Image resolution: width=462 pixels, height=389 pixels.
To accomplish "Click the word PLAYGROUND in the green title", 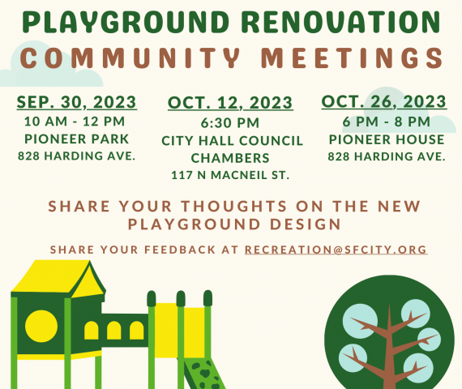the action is pos(126,23).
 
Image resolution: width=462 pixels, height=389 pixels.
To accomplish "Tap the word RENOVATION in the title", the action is pos(341,22).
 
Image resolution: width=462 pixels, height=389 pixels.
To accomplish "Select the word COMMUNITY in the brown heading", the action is pos(130,58).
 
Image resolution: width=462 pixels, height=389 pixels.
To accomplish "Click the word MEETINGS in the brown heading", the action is pos(353,58).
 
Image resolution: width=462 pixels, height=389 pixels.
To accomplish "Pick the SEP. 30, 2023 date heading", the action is pos(77,102).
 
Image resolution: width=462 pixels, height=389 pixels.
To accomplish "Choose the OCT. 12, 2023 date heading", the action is pos(230,103).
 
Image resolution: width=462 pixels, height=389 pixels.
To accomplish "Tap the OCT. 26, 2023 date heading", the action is pos(384,101).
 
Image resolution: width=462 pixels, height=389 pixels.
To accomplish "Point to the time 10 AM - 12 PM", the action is pos(75,122).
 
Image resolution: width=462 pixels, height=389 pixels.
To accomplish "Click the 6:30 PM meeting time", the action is pos(230,123).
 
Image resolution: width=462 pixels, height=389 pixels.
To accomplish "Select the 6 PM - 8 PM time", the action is pos(387,122).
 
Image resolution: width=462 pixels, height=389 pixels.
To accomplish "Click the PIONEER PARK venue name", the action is pos(77,139).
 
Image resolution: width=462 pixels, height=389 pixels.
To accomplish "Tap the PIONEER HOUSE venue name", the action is pos(387,139).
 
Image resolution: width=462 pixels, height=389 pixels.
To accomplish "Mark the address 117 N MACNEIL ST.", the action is pos(230,175).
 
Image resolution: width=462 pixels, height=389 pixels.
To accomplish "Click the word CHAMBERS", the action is pos(230,158).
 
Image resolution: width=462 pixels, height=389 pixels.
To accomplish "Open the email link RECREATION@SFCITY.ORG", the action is pos(336,250).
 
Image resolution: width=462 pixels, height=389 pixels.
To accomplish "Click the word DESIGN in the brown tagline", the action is pos(306,224).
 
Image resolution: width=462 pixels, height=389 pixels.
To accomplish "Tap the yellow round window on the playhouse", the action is pos(41,327).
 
